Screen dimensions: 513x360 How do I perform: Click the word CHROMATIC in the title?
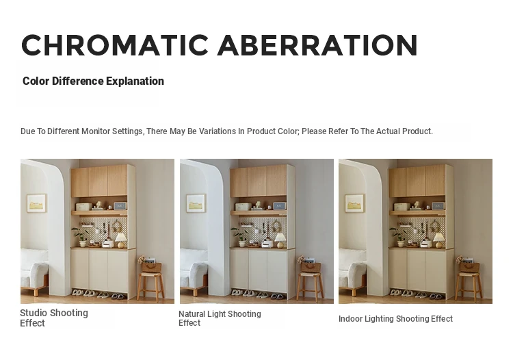[x=115, y=45]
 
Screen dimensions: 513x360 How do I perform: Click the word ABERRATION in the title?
[x=317, y=45]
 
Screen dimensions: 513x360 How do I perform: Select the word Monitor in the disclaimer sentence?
[x=96, y=131]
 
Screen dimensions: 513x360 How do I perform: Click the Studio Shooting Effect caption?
[x=54, y=318]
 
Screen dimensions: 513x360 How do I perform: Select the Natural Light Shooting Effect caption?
[x=220, y=318]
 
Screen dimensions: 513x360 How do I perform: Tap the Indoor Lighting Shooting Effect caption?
[x=395, y=319]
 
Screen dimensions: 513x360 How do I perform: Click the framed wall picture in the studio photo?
[x=36, y=203]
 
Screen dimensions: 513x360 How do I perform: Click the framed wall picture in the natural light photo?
[x=196, y=203]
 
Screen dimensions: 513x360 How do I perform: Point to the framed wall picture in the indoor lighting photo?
[x=354, y=203]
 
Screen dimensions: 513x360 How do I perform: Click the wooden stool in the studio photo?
[x=151, y=286]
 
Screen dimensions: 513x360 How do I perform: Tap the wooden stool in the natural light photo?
[x=311, y=286]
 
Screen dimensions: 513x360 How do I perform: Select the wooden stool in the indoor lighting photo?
[x=469, y=286]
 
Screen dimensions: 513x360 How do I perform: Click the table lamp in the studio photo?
[x=120, y=240]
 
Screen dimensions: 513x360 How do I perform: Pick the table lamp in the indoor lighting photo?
[x=438, y=240]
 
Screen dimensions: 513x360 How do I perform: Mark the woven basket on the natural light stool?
[x=309, y=266]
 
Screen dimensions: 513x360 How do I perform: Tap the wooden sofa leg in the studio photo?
[x=36, y=291]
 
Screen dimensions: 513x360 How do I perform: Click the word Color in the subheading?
[x=36, y=81]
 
